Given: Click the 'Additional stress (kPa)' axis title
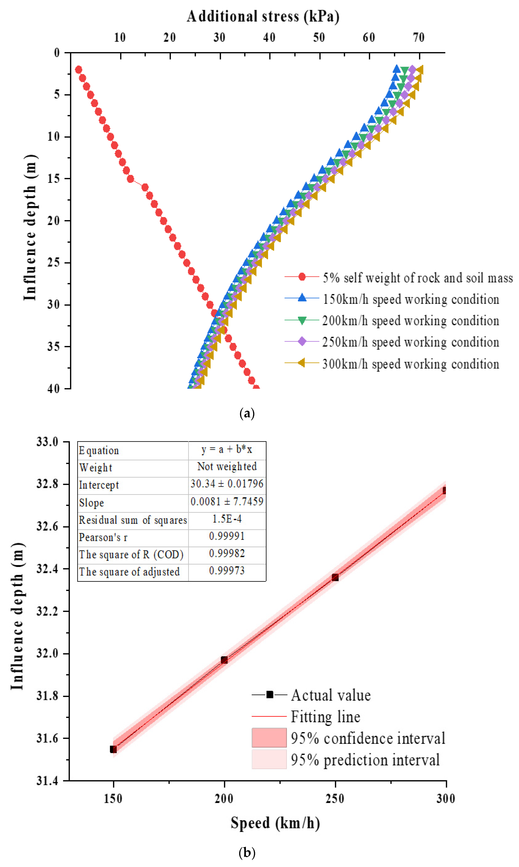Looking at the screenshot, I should (x=263, y=16).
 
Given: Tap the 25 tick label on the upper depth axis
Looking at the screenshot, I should (x=54, y=262).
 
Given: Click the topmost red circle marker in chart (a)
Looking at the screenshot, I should (x=79, y=69).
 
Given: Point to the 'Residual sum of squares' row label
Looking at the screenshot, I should (x=133, y=520).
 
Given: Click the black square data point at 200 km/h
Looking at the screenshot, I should (x=224, y=660).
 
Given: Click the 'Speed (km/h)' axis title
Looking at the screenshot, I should (x=275, y=823).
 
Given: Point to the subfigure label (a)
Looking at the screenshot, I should (x=247, y=413).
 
